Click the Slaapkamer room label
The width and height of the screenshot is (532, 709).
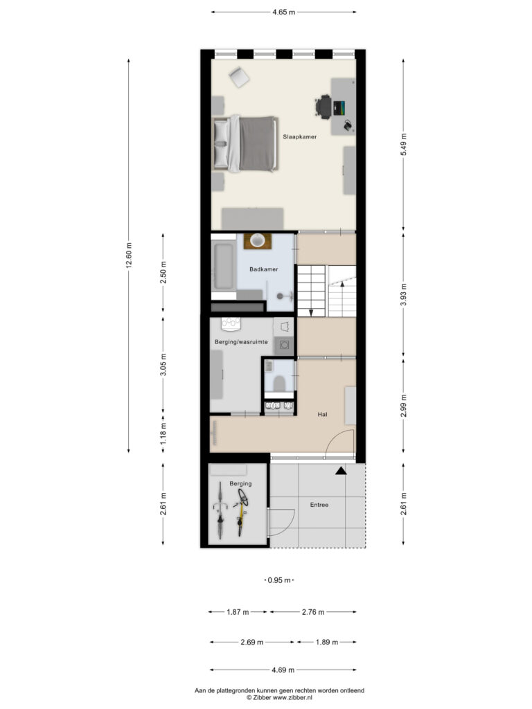(299, 136)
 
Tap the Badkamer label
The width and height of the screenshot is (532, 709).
(264, 269)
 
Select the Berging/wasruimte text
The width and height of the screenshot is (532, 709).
(241, 342)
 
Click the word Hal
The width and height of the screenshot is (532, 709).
(322, 414)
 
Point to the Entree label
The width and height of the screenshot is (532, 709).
(319, 505)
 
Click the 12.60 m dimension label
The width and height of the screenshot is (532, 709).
(129, 256)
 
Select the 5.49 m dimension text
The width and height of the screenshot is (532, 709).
(403, 145)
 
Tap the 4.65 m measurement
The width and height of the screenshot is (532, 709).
(283, 12)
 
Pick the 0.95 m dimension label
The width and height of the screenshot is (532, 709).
(279, 580)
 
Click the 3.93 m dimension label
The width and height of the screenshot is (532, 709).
(403, 295)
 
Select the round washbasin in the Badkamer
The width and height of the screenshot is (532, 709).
(258, 240)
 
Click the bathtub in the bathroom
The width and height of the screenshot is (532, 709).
(224, 267)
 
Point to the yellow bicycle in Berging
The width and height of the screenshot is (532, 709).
(241, 512)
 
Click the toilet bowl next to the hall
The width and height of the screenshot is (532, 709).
(278, 384)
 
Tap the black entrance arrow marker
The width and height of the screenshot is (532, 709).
(341, 471)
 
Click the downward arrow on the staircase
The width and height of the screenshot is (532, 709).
(311, 312)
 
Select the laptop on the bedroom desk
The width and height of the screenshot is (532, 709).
(339, 108)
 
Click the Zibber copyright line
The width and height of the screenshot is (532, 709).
(279, 698)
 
